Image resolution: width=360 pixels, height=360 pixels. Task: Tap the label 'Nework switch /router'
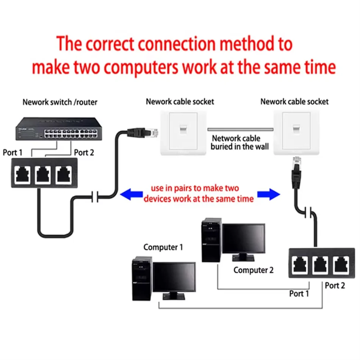coord(60,102)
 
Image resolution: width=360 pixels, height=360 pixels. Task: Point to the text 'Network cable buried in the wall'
coord(239,142)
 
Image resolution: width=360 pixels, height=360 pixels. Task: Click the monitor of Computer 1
coord(174,279)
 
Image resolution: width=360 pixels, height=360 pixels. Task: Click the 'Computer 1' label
coord(163,247)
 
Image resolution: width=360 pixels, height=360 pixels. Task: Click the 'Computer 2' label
coord(253,270)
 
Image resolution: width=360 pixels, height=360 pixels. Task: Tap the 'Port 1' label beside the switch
coord(13,153)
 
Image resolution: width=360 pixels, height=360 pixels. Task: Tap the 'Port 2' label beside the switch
coord(84,153)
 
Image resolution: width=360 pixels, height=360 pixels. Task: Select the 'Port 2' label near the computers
coord(335,285)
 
